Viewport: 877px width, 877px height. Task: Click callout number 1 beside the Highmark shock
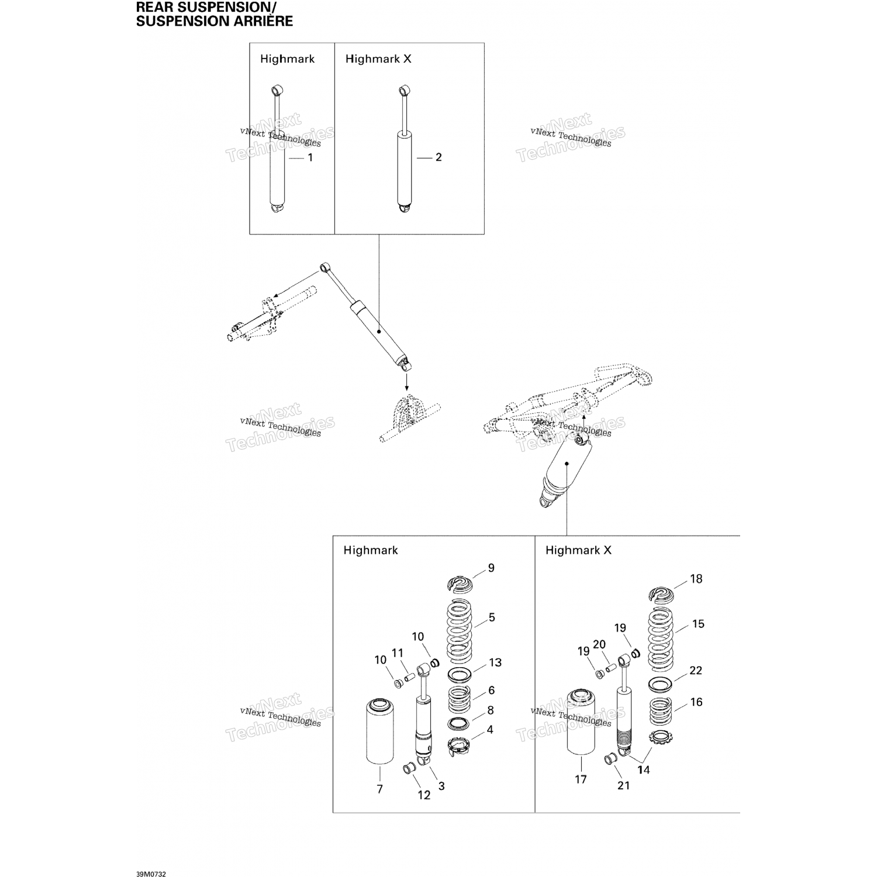click(x=310, y=158)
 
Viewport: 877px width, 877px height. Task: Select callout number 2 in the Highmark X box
click(x=438, y=157)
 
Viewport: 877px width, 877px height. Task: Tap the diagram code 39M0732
click(x=151, y=858)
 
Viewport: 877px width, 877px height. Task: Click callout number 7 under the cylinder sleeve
click(x=379, y=789)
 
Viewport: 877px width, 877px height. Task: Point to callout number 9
click(x=491, y=568)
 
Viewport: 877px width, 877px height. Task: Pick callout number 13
click(x=495, y=662)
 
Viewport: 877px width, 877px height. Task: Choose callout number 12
click(x=424, y=795)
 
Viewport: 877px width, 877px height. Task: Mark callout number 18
click(x=696, y=579)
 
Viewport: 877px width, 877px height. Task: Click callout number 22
click(x=695, y=670)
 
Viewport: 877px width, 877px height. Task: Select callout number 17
click(x=581, y=779)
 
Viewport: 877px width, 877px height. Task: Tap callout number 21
click(x=624, y=785)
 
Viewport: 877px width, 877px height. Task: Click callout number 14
click(x=643, y=769)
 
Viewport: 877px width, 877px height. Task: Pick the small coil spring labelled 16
click(x=661, y=712)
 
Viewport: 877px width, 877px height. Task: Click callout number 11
click(x=398, y=653)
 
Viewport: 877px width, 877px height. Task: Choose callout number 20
click(x=599, y=644)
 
